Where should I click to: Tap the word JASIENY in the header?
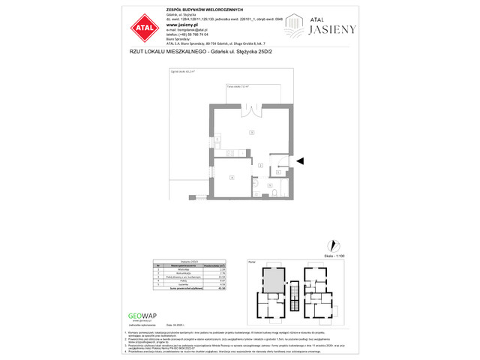(x=334, y=29)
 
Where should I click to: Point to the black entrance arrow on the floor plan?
(x=301, y=160)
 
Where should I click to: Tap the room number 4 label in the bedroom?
(x=232, y=177)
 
